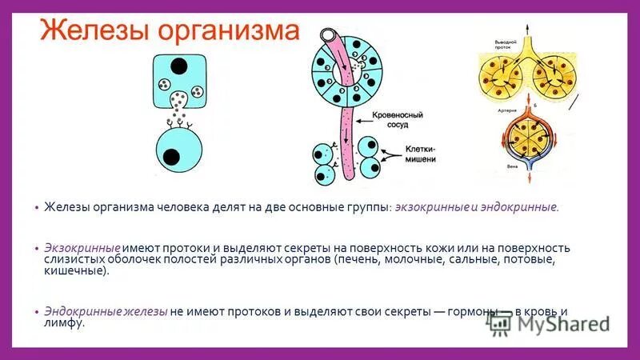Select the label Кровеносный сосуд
pyautogui.click(x=391, y=120)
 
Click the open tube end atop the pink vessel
pyautogui.click(x=329, y=37)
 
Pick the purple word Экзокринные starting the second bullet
pyautogui.click(x=82, y=248)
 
